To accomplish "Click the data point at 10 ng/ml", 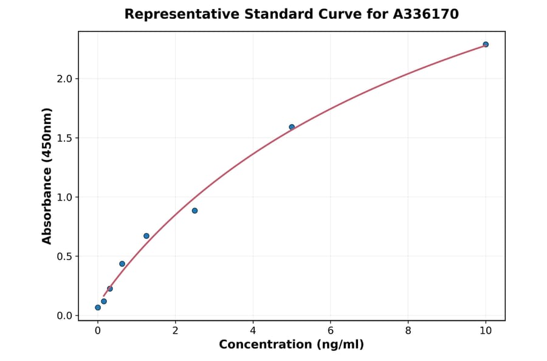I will (486, 44).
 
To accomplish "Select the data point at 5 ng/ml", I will (292, 127).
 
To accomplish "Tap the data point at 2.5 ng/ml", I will (194, 211).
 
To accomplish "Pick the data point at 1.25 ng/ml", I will (146, 236).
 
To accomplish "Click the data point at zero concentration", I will (98, 308).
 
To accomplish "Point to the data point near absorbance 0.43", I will (122, 264).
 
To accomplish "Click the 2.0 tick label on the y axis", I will (64, 79).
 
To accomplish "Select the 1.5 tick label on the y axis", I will (64, 138).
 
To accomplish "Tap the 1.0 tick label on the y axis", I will (64, 198).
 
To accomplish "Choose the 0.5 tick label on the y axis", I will (64, 256).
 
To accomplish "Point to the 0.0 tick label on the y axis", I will (64, 316).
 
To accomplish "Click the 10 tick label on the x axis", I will (486, 331).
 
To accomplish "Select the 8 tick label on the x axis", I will (408, 331).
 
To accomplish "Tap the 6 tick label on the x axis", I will (330, 331).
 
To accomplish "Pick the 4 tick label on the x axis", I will (253, 331).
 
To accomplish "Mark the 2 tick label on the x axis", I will (175, 331).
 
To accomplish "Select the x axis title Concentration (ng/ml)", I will (291, 345).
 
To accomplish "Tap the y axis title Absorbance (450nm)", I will (47, 176).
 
